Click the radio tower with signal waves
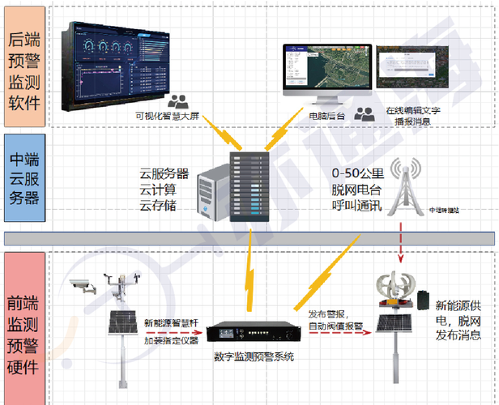[x=403, y=186]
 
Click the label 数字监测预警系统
[x=254, y=357]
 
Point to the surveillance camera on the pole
[x=82, y=284]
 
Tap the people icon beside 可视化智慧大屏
[x=178, y=102]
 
